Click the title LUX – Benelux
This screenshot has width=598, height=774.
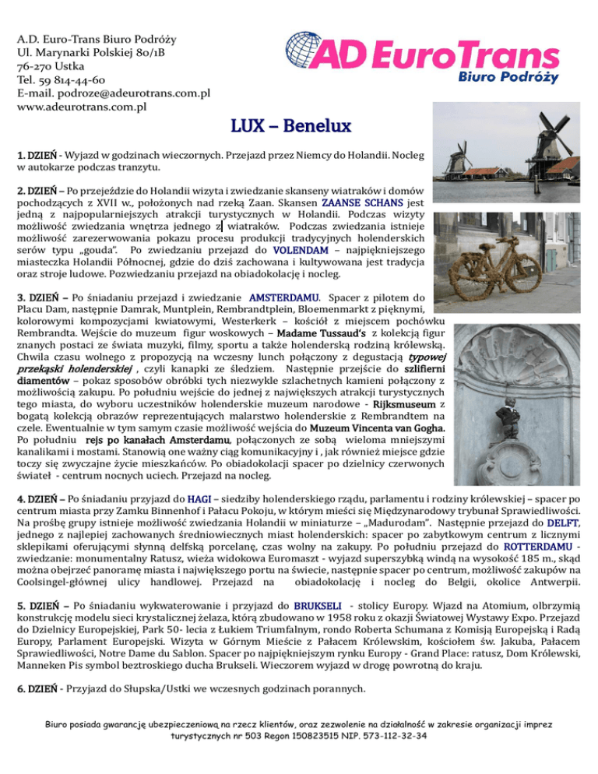click(x=299, y=125)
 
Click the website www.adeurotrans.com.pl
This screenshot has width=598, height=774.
click(x=81, y=107)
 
